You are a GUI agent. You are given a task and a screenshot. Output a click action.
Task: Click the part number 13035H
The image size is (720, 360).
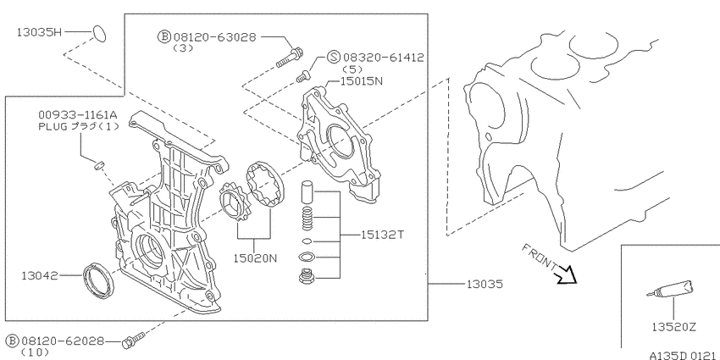click(x=39, y=32)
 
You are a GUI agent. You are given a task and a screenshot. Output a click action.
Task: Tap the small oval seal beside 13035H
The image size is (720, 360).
click(x=100, y=34)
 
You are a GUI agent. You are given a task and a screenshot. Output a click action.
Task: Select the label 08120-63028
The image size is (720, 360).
click(x=214, y=37)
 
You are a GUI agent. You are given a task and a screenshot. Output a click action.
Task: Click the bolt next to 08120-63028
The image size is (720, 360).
click(x=289, y=58)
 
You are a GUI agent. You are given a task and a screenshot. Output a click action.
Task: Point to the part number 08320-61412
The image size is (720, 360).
click(x=384, y=58)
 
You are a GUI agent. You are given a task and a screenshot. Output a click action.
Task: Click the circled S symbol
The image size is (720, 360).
click(x=334, y=58)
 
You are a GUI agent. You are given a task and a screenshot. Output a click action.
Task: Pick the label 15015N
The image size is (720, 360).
click(x=362, y=81)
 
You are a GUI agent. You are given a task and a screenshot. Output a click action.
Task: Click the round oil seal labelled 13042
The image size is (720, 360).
click(x=97, y=280)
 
